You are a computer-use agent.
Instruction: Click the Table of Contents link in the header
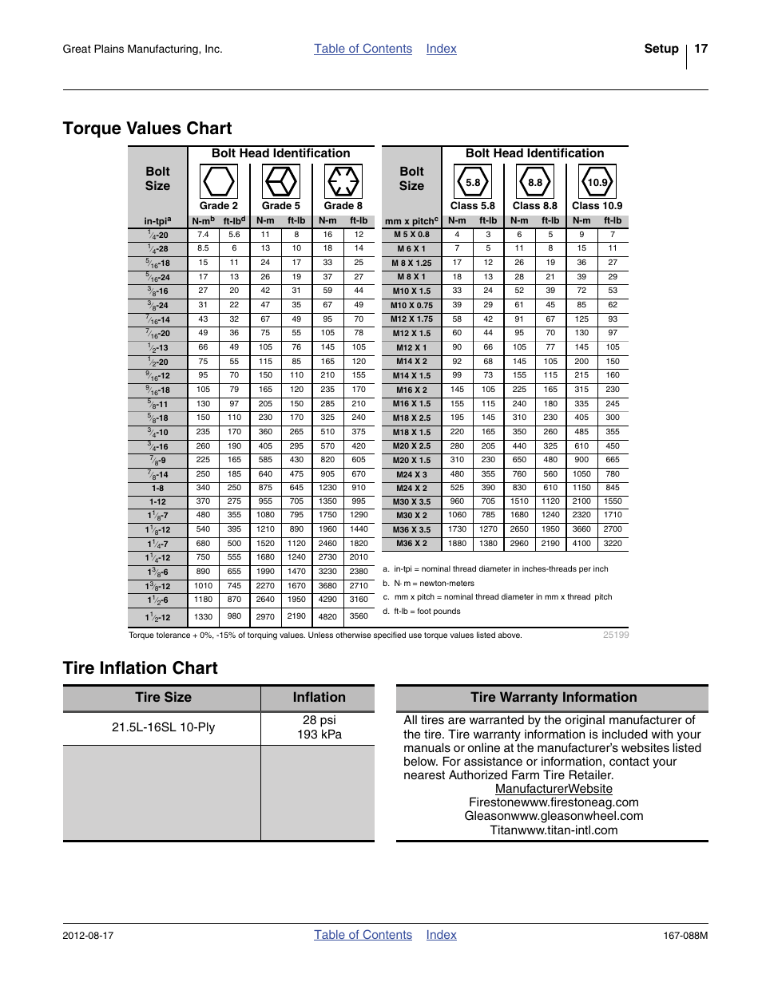(x=363, y=49)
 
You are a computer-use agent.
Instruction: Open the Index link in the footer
(x=441, y=935)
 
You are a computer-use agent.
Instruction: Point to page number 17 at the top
(x=700, y=49)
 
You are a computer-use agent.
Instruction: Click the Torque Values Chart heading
(x=147, y=129)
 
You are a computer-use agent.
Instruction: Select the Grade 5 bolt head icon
(x=280, y=181)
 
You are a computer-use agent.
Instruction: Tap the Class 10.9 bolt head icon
(x=597, y=182)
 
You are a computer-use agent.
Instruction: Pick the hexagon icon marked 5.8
(x=473, y=182)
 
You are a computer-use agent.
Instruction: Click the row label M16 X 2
(x=411, y=390)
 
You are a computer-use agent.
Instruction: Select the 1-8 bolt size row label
(x=157, y=488)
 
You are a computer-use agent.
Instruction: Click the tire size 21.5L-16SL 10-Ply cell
(x=163, y=727)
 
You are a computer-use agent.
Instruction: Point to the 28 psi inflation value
(x=319, y=720)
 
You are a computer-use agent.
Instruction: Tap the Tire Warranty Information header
(x=553, y=698)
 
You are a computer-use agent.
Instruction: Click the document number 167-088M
(x=685, y=936)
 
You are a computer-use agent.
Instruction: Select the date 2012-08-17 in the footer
(x=88, y=936)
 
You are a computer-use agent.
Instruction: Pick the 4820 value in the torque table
(x=327, y=616)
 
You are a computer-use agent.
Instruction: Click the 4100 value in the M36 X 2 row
(x=581, y=544)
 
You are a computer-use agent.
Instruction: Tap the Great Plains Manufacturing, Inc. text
(x=142, y=49)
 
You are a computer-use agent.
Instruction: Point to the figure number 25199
(x=616, y=636)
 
